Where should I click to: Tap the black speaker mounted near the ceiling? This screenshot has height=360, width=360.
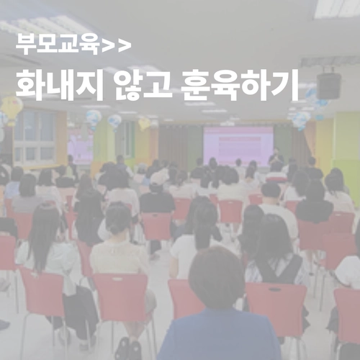tap(328, 85)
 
